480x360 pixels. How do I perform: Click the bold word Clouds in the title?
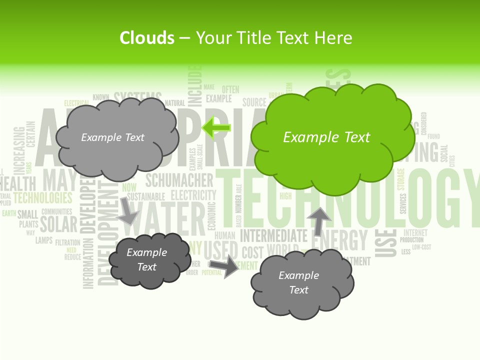click(147, 38)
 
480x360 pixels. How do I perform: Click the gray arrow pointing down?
click(128, 210)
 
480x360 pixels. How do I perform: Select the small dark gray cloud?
click(149, 260)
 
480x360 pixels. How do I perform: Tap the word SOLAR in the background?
click(58, 224)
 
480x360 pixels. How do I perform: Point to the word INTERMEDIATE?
click(273, 235)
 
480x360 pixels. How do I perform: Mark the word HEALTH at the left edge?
click(19, 182)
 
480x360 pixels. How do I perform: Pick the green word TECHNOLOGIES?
click(43, 197)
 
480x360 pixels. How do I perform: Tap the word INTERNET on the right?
click(415, 232)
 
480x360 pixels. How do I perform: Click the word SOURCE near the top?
click(254, 102)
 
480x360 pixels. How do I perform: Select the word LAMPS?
click(44, 240)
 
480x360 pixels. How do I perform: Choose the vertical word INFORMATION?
click(88, 263)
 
